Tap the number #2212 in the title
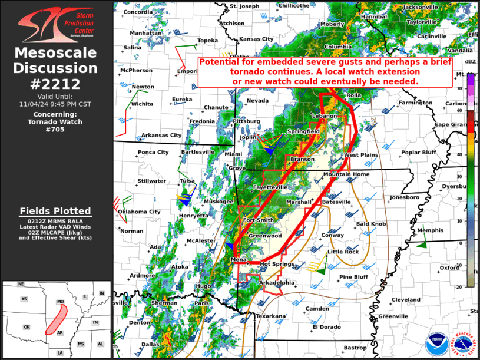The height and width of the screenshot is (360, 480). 57,84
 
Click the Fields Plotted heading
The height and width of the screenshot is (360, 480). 55,211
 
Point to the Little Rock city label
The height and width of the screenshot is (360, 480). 343,252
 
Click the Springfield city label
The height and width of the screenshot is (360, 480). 303,130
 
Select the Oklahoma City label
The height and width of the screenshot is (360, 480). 139,212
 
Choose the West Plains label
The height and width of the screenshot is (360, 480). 360,155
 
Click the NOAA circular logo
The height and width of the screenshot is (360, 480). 436,344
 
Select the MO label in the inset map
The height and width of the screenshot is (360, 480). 60,302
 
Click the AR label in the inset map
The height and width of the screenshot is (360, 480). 59,332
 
